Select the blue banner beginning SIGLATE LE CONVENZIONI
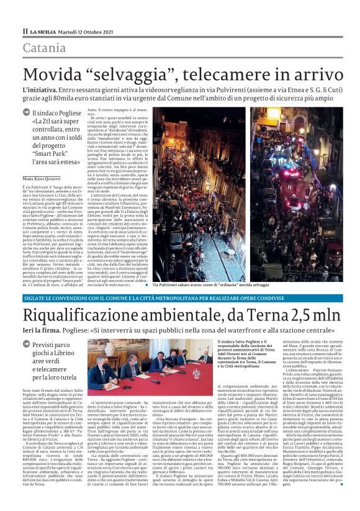(x=180, y=314)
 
